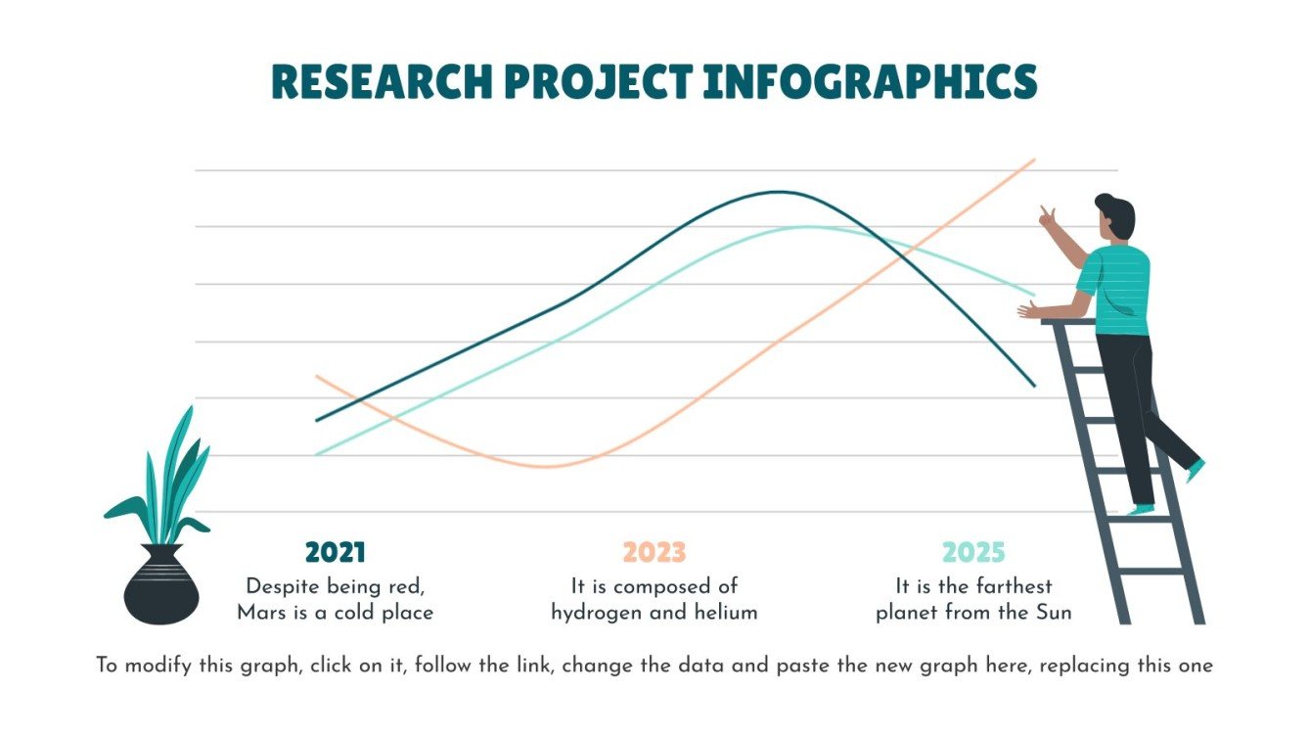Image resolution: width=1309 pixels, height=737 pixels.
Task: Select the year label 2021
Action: [x=335, y=553]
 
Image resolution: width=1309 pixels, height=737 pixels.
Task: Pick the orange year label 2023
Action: [x=654, y=553]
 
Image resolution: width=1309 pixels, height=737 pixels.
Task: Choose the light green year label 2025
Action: [x=973, y=553]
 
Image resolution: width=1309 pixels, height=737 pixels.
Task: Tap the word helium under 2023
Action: [x=726, y=614]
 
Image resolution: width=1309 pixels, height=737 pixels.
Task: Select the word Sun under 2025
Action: [x=1053, y=614]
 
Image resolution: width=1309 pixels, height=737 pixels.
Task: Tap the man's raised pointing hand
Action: [x=1048, y=216]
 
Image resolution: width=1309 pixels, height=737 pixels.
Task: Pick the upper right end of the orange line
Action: [x=1032, y=160]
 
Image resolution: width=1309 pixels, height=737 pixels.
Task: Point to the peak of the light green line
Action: [x=807, y=227]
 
